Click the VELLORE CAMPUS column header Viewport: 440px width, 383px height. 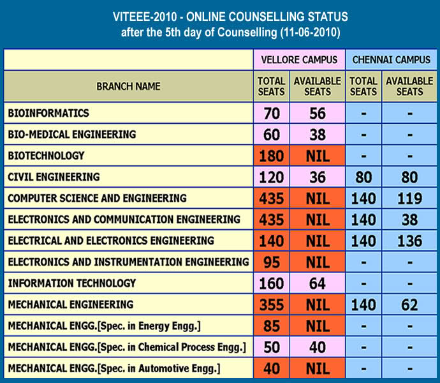[299, 60]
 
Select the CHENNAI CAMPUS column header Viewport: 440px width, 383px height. [392, 60]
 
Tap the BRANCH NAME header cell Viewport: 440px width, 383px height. [128, 86]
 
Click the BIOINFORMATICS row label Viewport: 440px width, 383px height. [48, 113]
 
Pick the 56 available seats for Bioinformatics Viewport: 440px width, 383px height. [318, 114]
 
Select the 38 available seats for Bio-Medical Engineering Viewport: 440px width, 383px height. [318, 135]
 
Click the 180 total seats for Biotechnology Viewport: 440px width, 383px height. [272, 156]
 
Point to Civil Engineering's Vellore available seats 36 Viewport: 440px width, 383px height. [318, 177]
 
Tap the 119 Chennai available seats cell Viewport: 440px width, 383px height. [409, 198]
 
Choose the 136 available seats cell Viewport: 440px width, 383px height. [409, 241]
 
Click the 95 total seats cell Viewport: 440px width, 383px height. [272, 262]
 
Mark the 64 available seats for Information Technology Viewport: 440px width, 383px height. [318, 283]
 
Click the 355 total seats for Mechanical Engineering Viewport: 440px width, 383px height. [272, 304]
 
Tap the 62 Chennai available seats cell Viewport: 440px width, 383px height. [409, 304]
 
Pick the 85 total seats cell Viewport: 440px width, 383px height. [272, 326]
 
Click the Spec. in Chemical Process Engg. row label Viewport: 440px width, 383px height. [127, 347]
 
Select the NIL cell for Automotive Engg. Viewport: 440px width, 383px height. [318, 368]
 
